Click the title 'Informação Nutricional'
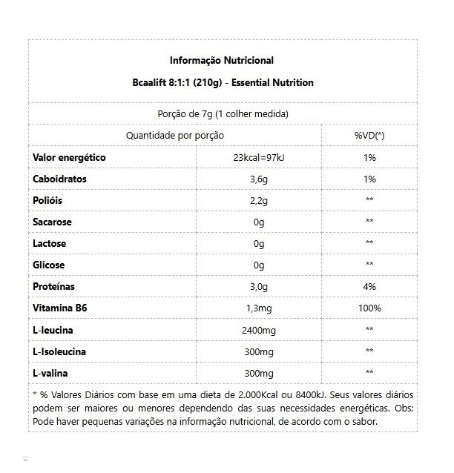(x=222, y=61)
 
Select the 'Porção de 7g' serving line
(x=223, y=114)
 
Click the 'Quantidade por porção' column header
(x=174, y=136)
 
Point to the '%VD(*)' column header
(x=369, y=136)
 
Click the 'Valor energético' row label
(x=70, y=157)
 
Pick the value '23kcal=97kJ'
(x=258, y=158)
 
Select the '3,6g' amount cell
(x=258, y=179)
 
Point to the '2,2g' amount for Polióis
(x=258, y=200)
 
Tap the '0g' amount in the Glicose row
(x=258, y=265)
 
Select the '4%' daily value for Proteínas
(x=369, y=286)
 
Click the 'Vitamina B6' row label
(x=61, y=308)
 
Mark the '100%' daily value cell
(x=369, y=308)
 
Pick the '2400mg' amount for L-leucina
(x=258, y=329)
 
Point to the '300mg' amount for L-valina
(x=258, y=372)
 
